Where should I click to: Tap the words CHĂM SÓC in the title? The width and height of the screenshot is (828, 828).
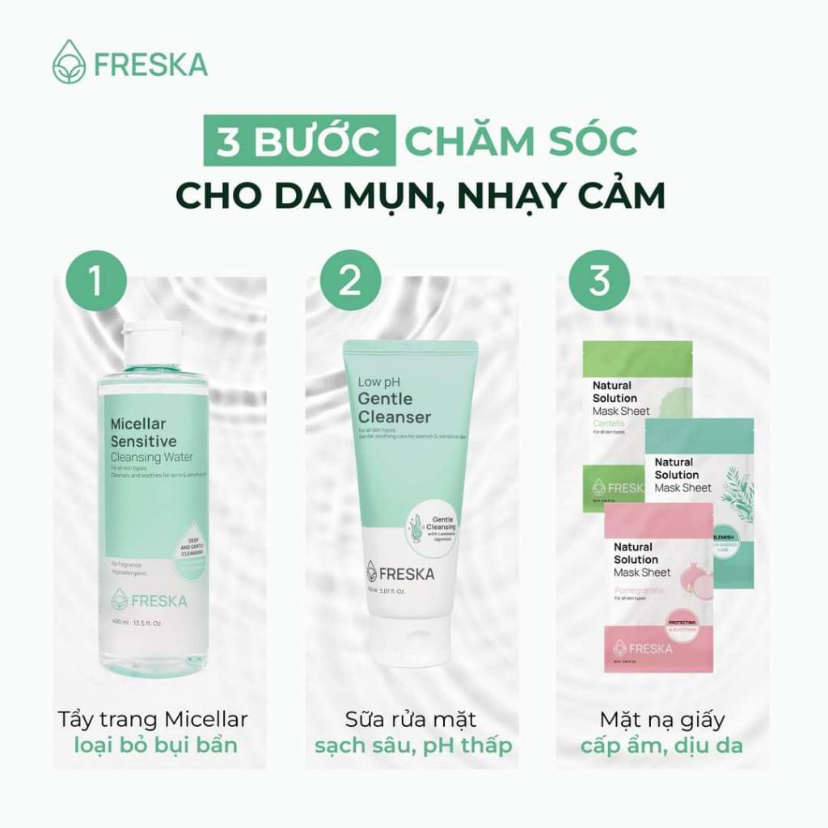click(x=521, y=142)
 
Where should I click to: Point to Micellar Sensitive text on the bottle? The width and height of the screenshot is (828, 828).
click(x=142, y=433)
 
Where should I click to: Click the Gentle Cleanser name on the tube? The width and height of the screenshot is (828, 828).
click(x=394, y=408)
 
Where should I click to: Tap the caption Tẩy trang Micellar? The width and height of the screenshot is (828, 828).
click(x=154, y=719)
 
